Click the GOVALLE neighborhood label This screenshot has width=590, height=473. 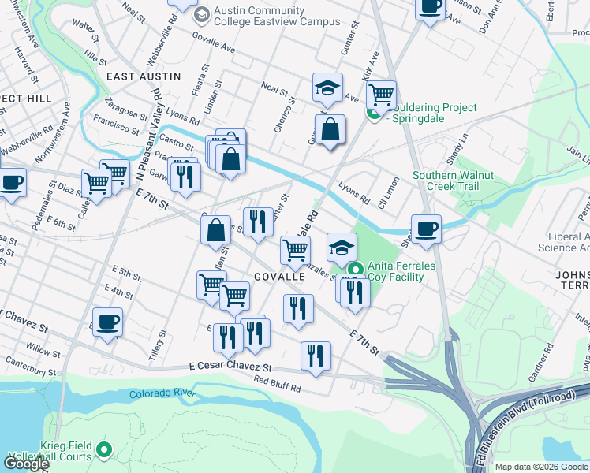[x=279, y=277]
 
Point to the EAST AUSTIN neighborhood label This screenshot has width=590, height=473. [x=144, y=76]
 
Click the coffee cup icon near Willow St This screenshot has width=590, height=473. [x=107, y=321]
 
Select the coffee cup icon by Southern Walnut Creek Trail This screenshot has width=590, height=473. [x=426, y=228]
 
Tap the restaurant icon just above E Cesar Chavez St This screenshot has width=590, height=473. [x=316, y=355]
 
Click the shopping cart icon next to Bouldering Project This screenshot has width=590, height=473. [x=381, y=94]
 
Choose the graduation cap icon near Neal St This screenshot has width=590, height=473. [x=327, y=87]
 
